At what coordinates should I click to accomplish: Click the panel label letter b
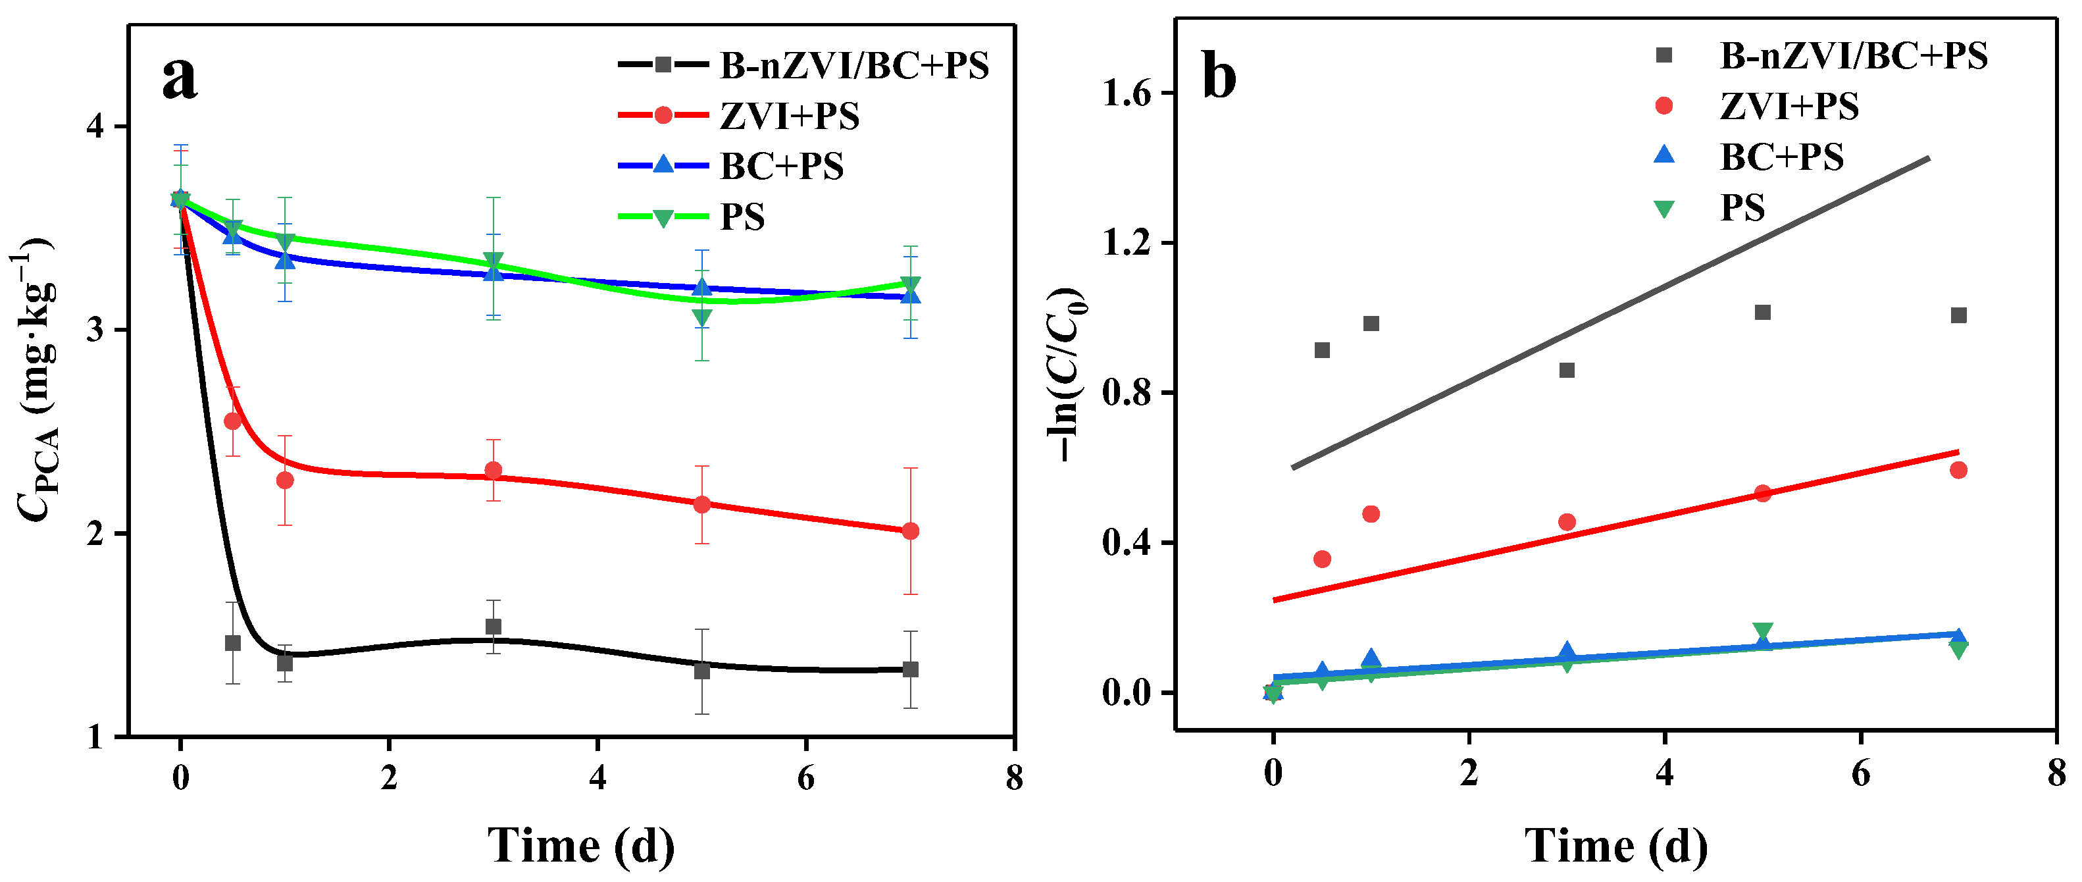click(x=1219, y=77)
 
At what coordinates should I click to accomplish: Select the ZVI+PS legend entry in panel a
click(x=790, y=116)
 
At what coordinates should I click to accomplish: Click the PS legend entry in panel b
click(x=1742, y=208)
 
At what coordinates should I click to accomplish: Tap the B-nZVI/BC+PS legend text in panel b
click(x=1853, y=56)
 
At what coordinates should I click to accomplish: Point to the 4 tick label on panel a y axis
click(x=96, y=127)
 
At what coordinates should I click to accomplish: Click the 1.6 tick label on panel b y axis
click(x=1127, y=93)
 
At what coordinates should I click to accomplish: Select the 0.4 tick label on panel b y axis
click(x=1127, y=542)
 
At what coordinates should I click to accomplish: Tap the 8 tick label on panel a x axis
click(x=1013, y=778)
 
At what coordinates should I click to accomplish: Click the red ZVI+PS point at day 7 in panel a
click(x=910, y=531)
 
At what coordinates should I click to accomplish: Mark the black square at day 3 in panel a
click(x=493, y=627)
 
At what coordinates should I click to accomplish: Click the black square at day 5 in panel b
click(x=1763, y=312)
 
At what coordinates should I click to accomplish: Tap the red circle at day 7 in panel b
click(x=1958, y=470)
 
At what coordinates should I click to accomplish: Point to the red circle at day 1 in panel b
click(x=1371, y=514)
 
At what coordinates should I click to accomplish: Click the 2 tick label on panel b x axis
click(x=1469, y=773)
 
